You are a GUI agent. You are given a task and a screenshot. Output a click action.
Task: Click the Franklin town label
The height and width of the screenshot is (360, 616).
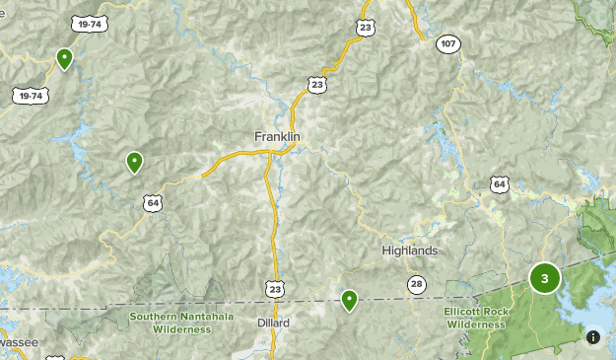pyautogui.click(x=277, y=136)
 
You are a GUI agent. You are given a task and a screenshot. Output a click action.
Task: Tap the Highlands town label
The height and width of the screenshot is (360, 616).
pyautogui.click(x=409, y=251)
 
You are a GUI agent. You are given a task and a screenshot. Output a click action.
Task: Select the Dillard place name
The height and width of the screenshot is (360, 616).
pyautogui.click(x=274, y=323)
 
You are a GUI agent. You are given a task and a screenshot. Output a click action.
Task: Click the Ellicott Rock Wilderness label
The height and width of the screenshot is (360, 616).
pyautogui.click(x=475, y=318)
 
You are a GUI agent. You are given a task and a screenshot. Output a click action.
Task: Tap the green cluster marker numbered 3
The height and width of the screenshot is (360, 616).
pyautogui.click(x=544, y=278)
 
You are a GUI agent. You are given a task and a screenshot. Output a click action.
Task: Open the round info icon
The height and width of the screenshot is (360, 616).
pyautogui.click(x=593, y=336)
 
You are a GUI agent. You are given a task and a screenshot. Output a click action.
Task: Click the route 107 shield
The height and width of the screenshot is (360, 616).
pyautogui.click(x=449, y=43)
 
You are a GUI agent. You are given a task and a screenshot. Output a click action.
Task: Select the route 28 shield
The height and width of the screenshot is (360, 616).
pyautogui.click(x=418, y=285)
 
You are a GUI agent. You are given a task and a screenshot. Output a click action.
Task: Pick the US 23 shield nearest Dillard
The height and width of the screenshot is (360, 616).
pyautogui.click(x=274, y=287)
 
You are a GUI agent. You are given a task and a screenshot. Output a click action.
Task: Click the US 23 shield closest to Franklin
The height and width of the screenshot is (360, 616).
pyautogui.click(x=316, y=86)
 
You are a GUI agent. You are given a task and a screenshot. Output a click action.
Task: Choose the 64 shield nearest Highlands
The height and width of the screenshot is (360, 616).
pyautogui.click(x=500, y=184)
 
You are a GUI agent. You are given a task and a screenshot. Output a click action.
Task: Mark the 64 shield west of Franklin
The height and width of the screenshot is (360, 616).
pyautogui.click(x=152, y=203)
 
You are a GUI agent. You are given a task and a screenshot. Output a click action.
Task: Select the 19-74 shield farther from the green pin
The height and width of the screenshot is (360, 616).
pyautogui.click(x=30, y=95)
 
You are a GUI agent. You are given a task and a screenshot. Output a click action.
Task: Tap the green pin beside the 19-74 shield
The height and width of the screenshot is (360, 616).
pyautogui.click(x=64, y=59)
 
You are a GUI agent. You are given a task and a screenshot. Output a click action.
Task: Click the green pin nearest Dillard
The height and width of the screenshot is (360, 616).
pyautogui.click(x=349, y=300)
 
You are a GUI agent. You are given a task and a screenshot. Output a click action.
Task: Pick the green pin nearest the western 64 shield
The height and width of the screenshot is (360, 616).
pyautogui.click(x=134, y=162)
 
